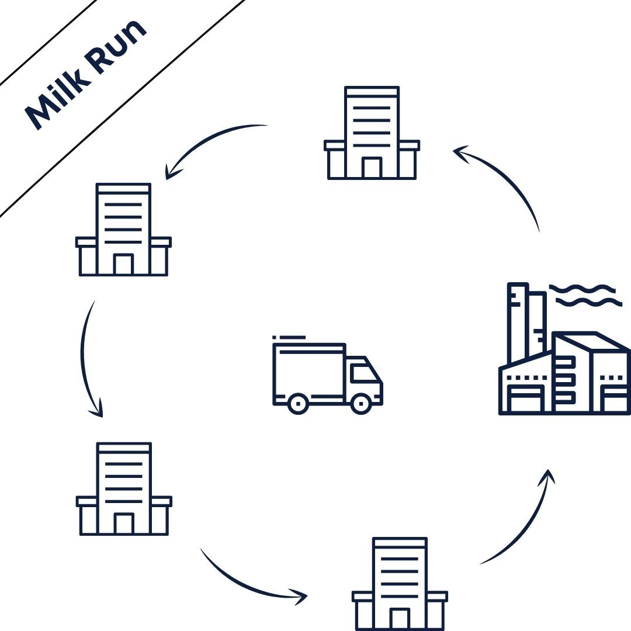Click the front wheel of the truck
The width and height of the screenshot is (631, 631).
[361, 403]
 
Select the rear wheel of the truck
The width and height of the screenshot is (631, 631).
[298, 403]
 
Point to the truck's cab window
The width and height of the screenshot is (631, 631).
[364, 373]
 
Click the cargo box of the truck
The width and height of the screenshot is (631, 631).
[308, 372]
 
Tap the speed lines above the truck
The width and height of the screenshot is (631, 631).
[289, 337]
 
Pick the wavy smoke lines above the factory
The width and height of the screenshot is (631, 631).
[584, 295]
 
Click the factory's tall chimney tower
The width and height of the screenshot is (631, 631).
[518, 321]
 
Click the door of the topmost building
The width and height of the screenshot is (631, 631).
[372, 168]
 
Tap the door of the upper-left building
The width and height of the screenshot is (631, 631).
[123, 265]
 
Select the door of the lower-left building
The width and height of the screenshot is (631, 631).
[123, 523]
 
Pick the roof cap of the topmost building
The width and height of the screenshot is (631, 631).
[372, 92]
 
